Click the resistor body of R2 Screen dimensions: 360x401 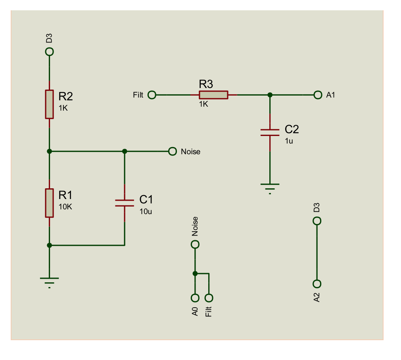click(49, 104)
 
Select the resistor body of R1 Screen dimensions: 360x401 click(49, 203)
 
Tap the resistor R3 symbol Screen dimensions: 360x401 click(213, 95)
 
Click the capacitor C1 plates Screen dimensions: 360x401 click(125, 203)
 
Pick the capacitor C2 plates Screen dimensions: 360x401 click(270, 132)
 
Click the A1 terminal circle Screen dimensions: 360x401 click(317, 95)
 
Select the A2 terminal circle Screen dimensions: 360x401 click(317, 284)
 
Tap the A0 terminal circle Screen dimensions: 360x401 click(195, 298)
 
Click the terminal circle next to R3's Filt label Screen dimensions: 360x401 click(152, 95)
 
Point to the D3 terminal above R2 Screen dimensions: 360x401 click(49, 52)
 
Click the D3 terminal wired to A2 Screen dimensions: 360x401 click(317, 221)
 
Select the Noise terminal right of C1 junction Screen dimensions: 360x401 click(172, 151)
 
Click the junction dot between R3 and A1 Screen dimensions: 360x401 click(270, 95)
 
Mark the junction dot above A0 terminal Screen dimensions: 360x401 click(195, 273)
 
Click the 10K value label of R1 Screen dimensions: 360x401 click(65, 207)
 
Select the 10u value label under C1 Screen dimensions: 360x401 click(146, 211)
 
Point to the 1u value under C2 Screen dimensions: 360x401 click(289, 141)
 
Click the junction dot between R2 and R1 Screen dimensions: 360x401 click(49, 151)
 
